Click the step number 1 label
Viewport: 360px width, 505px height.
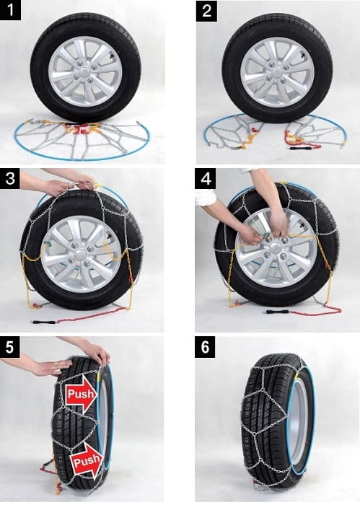[x=10, y=10]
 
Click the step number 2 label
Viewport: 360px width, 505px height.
[x=206, y=11]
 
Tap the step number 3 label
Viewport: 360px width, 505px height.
[x=10, y=178]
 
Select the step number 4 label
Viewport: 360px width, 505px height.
[x=206, y=179]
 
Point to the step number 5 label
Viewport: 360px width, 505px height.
[x=10, y=347]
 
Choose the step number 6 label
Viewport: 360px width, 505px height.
[x=205, y=347]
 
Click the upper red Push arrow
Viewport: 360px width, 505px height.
[x=81, y=394]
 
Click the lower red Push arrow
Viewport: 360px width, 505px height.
[x=87, y=462]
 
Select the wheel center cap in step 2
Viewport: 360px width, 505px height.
[x=277, y=73]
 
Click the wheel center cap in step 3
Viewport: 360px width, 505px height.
[x=80, y=252]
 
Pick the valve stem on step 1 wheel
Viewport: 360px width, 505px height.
[x=112, y=58]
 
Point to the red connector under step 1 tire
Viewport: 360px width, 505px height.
[x=83, y=130]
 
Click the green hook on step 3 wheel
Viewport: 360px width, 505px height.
[x=48, y=244]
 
